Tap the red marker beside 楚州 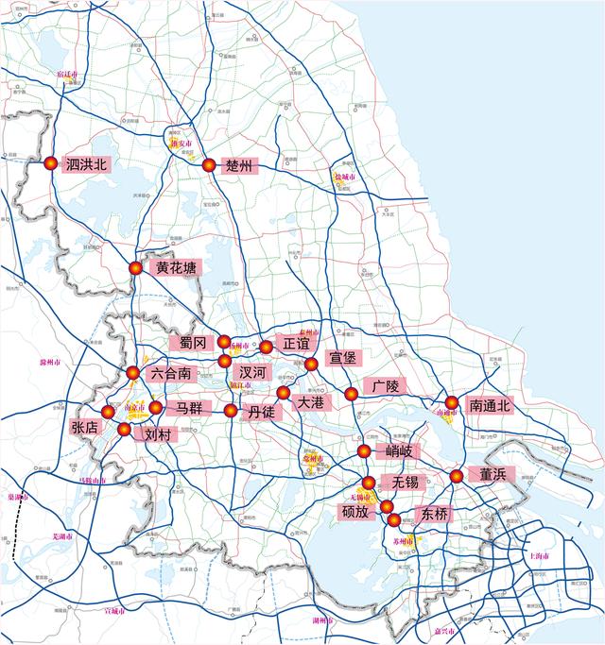[x=209, y=166]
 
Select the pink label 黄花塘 [x=177, y=268]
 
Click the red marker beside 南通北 [x=452, y=404]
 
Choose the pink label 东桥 [x=436, y=515]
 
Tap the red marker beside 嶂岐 [x=365, y=451]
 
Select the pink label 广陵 [x=388, y=387]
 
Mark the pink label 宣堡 [x=343, y=358]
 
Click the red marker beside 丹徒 [x=232, y=411]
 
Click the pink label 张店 [x=84, y=427]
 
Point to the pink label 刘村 [x=157, y=435]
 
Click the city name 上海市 [x=539, y=556]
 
